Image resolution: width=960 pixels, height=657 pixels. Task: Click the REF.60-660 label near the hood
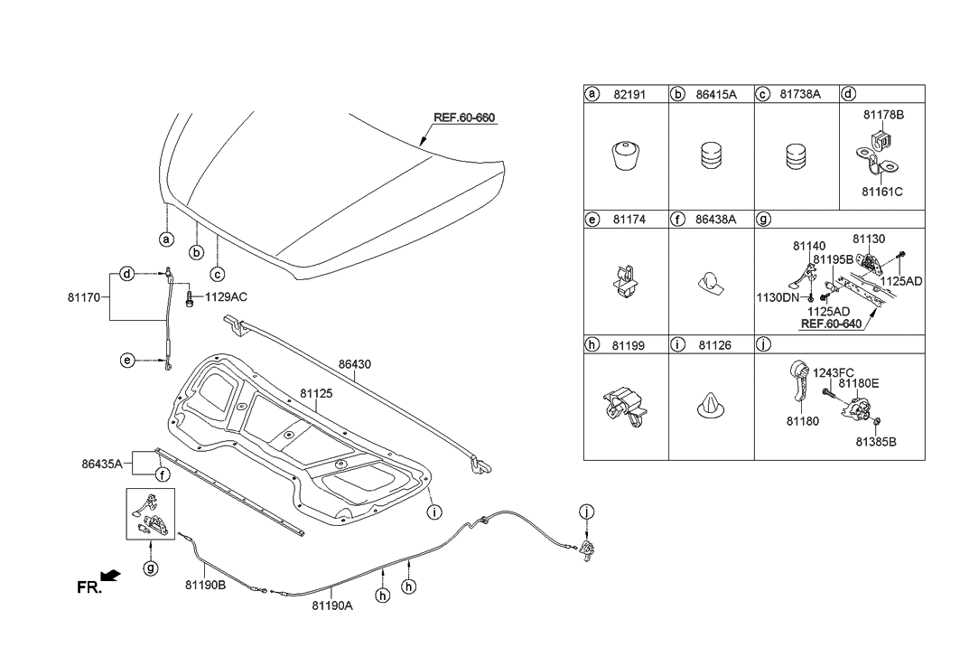click(464, 117)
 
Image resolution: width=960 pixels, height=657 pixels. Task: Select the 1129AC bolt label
click(227, 296)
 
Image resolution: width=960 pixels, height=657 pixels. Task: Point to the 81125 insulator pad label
click(317, 394)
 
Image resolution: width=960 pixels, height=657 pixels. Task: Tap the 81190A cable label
click(331, 605)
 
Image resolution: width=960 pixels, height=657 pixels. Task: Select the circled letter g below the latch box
click(151, 568)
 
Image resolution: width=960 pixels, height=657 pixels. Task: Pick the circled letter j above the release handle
click(587, 513)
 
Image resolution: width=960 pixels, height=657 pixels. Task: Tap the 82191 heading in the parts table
click(627, 94)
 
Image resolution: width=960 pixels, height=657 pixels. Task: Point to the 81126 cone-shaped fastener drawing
click(711, 408)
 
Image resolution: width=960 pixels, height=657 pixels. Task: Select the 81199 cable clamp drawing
click(624, 408)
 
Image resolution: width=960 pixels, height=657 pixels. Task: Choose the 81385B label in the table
click(876, 442)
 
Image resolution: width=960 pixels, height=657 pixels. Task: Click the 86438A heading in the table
click(714, 219)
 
